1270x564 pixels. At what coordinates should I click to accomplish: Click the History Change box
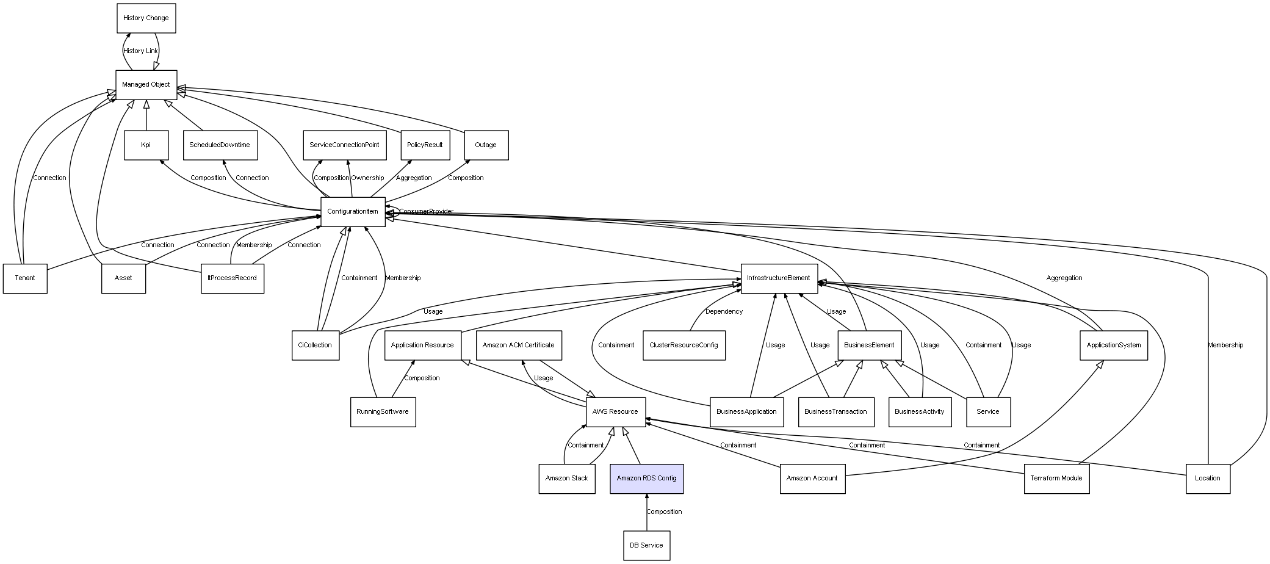146,18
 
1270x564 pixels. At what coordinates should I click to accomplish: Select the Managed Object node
146,85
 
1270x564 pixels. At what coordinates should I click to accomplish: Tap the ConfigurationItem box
353,212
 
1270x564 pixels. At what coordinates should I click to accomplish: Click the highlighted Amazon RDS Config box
647,479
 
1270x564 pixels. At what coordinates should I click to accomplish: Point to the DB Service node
646,545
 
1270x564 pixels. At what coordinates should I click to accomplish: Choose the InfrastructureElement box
779,278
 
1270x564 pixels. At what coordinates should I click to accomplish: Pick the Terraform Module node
1056,479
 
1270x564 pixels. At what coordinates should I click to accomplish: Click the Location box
1208,479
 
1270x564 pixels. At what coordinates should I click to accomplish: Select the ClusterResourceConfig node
684,345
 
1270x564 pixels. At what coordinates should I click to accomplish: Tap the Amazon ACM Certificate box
519,345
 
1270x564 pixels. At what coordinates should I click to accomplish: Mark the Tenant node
25,278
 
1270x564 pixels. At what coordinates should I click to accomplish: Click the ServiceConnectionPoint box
345,145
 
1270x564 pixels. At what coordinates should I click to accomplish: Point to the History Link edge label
140,51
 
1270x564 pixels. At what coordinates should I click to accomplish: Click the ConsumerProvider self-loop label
426,212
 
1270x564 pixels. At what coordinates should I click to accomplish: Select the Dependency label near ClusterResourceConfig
724,312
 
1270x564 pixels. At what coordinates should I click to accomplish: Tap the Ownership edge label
367,178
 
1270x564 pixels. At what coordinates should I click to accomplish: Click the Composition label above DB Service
664,512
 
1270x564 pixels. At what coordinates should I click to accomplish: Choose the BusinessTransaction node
835,412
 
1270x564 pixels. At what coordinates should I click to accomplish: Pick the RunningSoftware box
383,412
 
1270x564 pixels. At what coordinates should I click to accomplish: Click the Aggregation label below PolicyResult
414,178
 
